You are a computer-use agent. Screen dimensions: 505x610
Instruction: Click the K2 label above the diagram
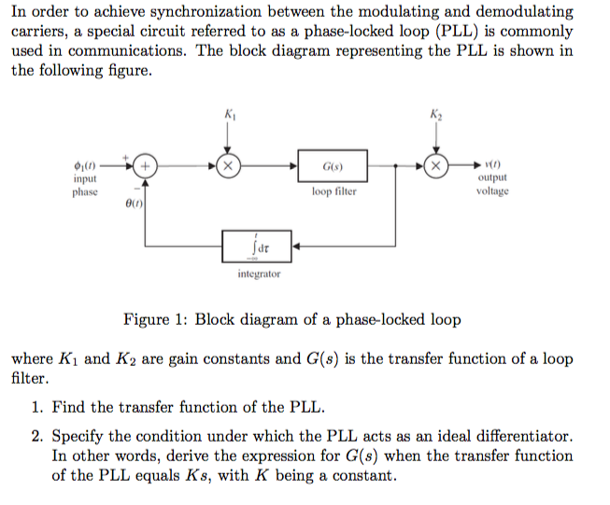435,114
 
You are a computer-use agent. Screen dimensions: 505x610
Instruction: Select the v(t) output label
491,164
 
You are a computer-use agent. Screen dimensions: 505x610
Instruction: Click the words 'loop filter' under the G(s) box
333,192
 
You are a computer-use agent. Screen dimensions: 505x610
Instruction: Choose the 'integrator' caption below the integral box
259,274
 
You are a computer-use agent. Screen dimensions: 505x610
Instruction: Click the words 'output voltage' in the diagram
491,184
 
